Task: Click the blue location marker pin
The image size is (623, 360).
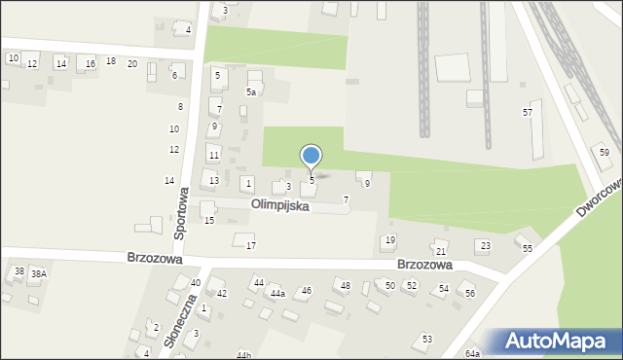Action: click(x=311, y=156)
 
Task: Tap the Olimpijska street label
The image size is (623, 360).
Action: click(x=280, y=206)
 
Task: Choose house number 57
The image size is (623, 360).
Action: click(x=527, y=113)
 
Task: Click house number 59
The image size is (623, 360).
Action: click(x=604, y=153)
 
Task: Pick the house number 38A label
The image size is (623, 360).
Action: click(x=38, y=274)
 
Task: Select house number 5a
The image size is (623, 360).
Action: click(x=250, y=92)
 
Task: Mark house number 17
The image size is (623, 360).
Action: click(x=250, y=245)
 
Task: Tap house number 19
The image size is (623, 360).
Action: click(x=389, y=240)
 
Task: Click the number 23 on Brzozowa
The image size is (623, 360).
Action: click(x=484, y=245)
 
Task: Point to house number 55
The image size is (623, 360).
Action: click(x=528, y=249)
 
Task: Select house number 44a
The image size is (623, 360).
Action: click(x=277, y=293)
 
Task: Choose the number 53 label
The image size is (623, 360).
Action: click(x=426, y=340)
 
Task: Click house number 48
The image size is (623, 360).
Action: click(x=345, y=285)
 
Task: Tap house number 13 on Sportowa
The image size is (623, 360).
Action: click(x=213, y=181)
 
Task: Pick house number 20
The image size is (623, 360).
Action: click(x=132, y=63)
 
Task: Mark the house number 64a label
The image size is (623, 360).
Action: click(x=472, y=354)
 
